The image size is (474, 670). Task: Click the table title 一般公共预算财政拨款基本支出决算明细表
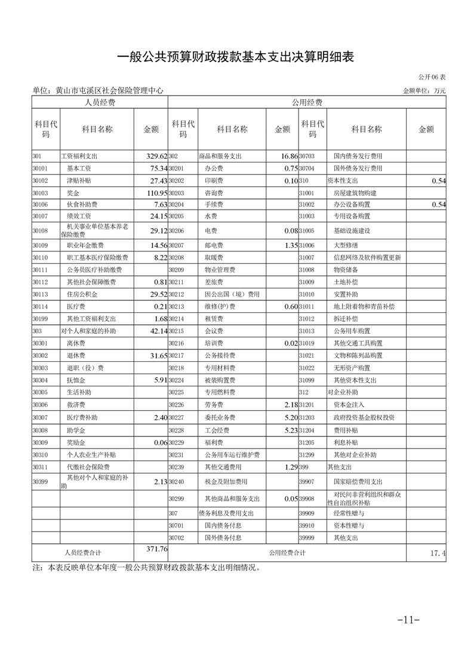click(x=236, y=57)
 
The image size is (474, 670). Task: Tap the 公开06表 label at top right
click(x=432, y=78)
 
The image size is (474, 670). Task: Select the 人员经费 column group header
click(x=100, y=102)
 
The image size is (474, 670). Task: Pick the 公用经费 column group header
click(x=307, y=102)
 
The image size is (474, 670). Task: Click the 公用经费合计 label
click(x=287, y=553)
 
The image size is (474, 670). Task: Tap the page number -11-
click(x=409, y=619)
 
